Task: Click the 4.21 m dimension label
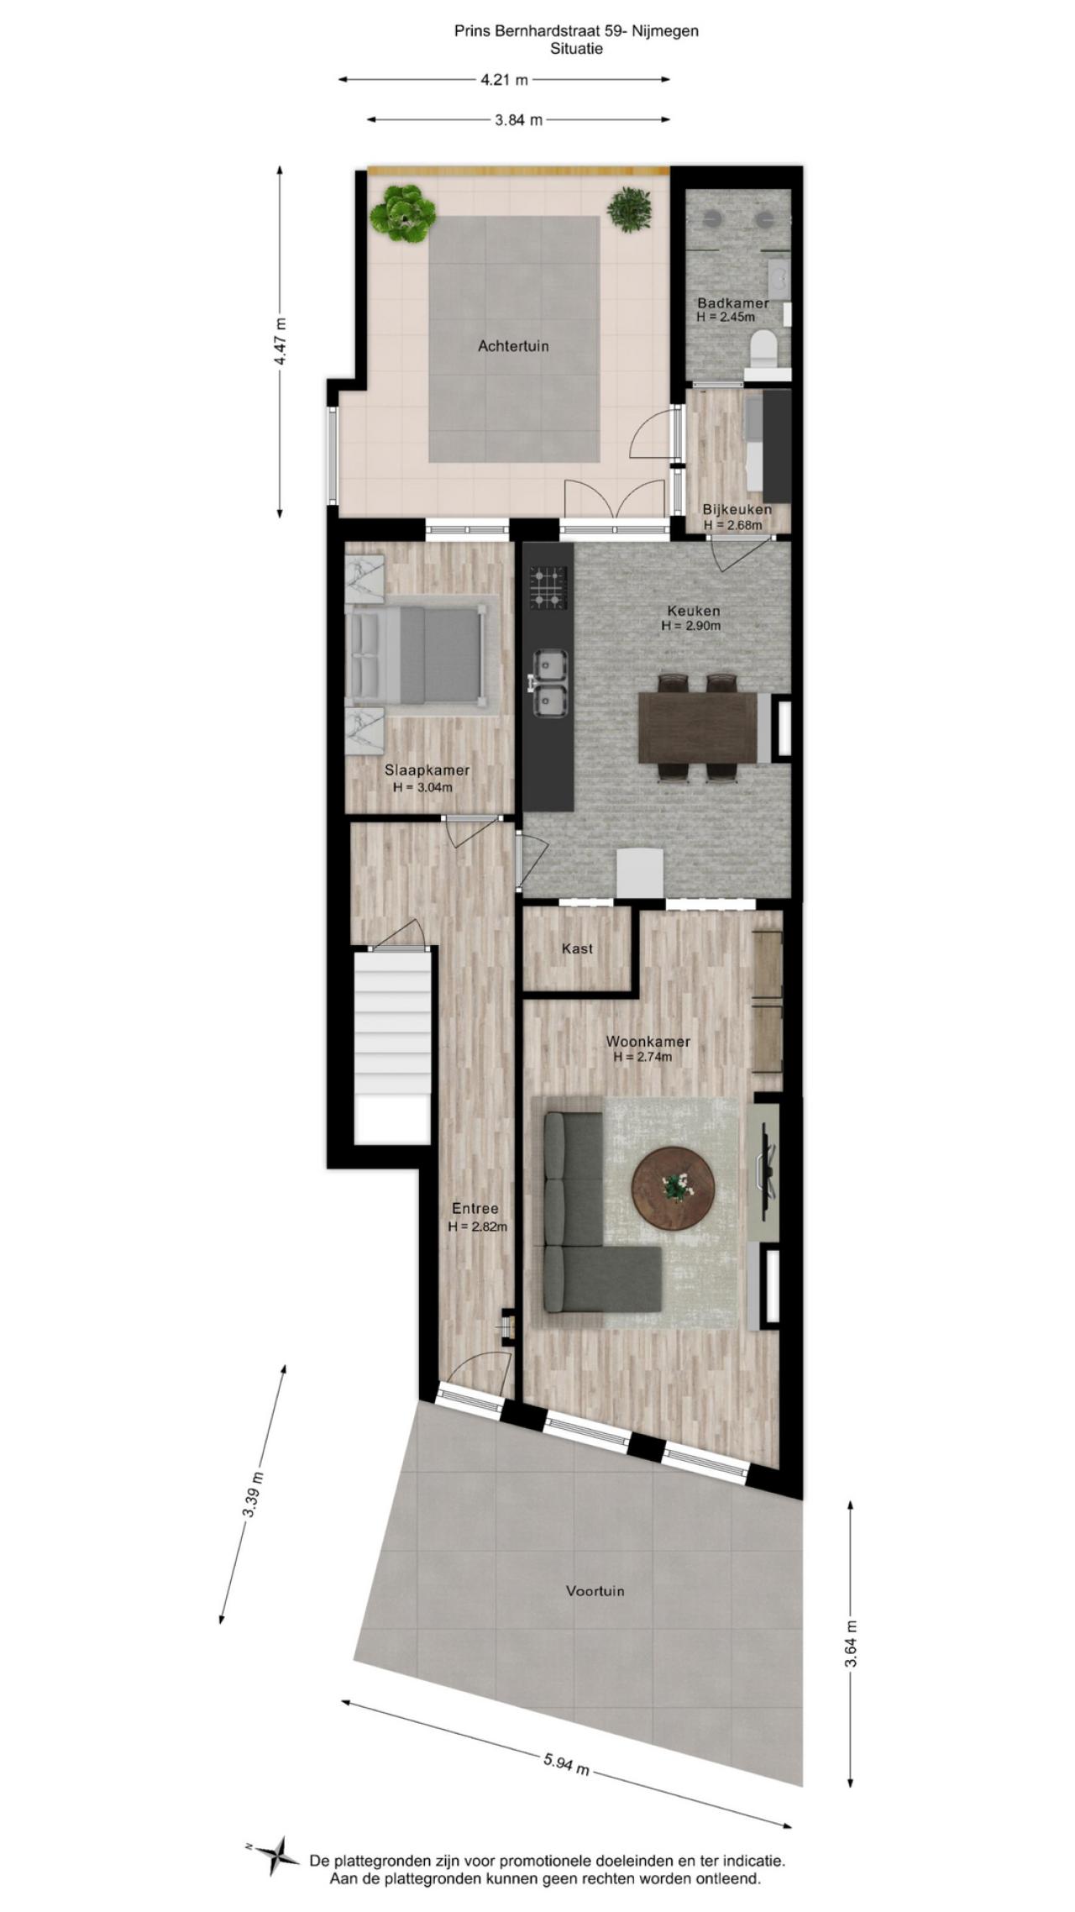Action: pyautogui.click(x=504, y=80)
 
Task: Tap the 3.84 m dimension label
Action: pyautogui.click(x=519, y=119)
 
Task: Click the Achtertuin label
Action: pyautogui.click(x=513, y=345)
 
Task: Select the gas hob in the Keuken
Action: pyautogui.click(x=548, y=587)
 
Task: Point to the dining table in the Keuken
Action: pyautogui.click(x=698, y=727)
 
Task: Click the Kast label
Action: pyautogui.click(x=577, y=948)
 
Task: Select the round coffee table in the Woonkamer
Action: pyautogui.click(x=674, y=1187)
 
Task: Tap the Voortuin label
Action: pyautogui.click(x=595, y=1590)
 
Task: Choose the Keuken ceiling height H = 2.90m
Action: pyautogui.click(x=691, y=626)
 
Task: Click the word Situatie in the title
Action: pyautogui.click(x=576, y=49)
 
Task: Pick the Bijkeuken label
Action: pyautogui.click(x=737, y=509)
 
